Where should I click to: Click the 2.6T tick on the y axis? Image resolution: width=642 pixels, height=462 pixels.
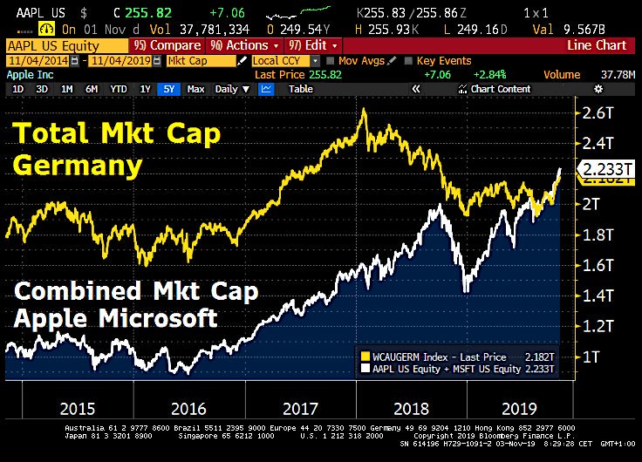tap(598, 112)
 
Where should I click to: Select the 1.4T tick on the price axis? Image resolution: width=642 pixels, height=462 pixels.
tap(598, 296)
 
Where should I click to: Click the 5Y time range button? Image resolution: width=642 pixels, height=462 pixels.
tap(168, 89)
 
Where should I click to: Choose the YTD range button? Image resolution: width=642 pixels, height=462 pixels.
tap(119, 89)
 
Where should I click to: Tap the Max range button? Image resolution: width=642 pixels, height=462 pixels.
tap(195, 89)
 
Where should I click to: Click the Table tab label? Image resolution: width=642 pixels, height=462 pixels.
tap(301, 89)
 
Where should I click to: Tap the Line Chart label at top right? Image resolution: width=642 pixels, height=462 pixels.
tap(596, 45)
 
